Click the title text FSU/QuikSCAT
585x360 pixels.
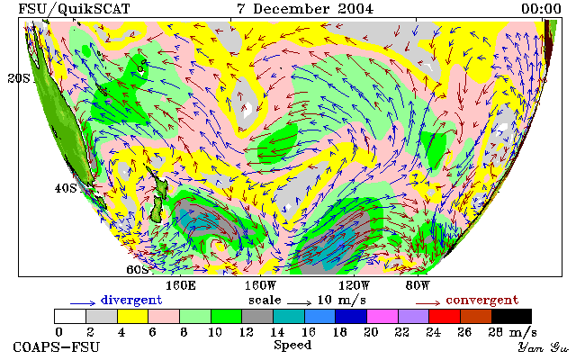tap(74, 9)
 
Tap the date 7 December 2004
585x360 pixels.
tap(305, 9)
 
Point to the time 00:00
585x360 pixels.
tap(541, 9)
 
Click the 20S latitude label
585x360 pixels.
tap(19, 78)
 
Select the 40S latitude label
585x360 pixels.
tap(66, 188)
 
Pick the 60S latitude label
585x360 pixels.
tap(138, 269)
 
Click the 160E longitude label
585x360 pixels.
tap(181, 286)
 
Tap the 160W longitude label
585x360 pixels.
tap(260, 286)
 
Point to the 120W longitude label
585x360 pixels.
tap(354, 286)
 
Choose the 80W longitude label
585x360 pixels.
tap(418, 286)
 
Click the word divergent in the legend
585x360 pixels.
tap(131, 300)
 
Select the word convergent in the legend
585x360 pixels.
tap(482, 300)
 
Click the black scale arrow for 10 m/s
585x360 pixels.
tap(299, 303)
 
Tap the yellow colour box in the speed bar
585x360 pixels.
tap(132, 316)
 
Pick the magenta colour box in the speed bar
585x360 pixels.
tap(382, 316)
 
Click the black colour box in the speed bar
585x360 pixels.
tap(511, 316)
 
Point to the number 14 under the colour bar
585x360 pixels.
tap(277, 332)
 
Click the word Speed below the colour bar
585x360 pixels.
tap(292, 346)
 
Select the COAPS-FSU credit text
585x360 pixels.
tap(57, 346)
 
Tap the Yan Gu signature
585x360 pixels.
tap(543, 347)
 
